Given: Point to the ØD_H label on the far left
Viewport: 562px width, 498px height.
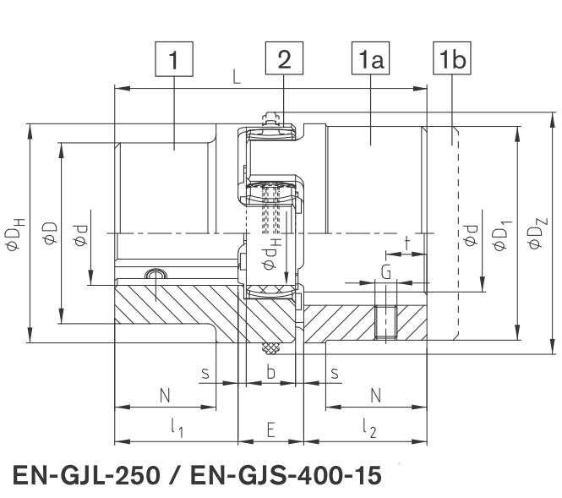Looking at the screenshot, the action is point(15,233).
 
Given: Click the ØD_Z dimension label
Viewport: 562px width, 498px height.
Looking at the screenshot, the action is point(538,233).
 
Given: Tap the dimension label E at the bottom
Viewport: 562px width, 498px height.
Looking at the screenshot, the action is point(270,430).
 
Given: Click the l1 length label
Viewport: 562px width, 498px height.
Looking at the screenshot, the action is point(177,428).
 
